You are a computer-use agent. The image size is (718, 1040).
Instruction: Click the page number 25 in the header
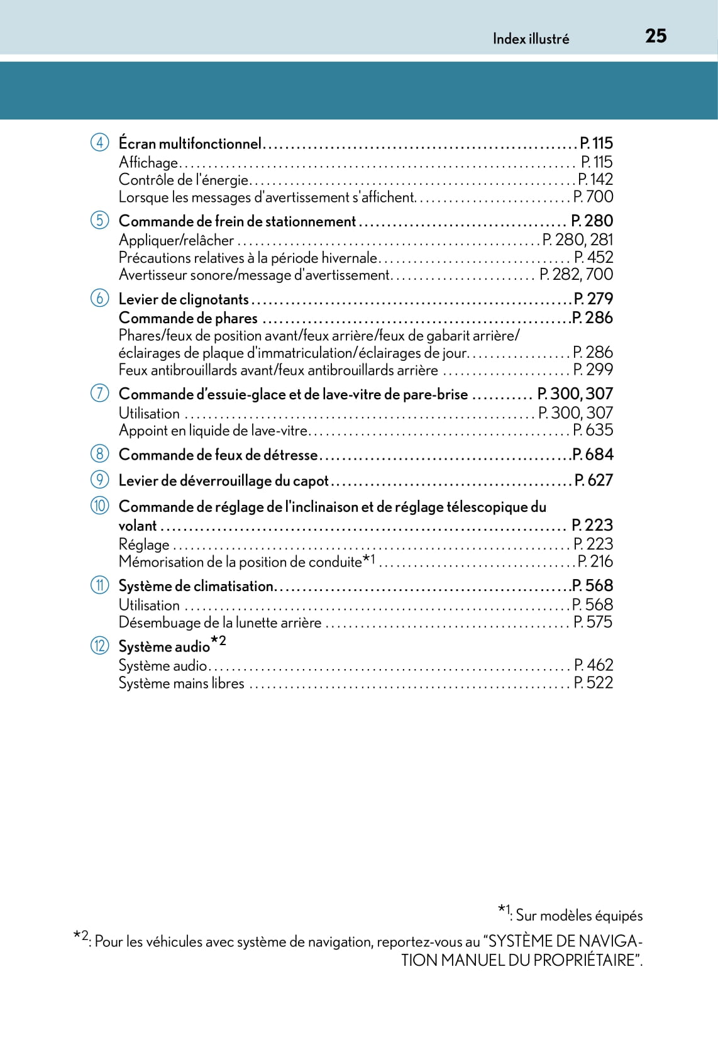(655, 36)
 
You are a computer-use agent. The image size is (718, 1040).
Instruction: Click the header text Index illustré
(531, 39)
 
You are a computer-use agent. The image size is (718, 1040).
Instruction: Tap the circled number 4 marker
(99, 142)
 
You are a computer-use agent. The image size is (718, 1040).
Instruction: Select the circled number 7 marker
(99, 393)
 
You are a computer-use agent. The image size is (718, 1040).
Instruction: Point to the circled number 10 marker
(99, 506)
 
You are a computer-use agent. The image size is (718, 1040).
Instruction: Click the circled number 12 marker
(99, 645)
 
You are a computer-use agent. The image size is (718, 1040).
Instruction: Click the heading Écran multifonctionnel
(190, 143)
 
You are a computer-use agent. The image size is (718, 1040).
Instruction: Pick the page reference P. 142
(595, 180)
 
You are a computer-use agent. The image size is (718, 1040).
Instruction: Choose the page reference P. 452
(593, 257)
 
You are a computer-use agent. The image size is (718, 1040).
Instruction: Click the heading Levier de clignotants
(184, 299)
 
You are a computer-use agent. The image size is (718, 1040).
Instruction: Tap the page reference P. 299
(592, 370)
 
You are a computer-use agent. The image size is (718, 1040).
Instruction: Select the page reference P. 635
(592, 430)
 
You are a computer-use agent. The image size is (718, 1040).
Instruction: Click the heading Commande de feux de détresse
(218, 455)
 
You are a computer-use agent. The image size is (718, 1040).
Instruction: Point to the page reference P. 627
(593, 480)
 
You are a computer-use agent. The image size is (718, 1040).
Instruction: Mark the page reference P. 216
(594, 561)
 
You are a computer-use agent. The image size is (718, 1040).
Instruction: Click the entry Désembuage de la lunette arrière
(220, 622)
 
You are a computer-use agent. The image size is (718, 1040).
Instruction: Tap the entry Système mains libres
(182, 683)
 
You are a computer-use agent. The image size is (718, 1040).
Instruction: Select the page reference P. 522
(593, 683)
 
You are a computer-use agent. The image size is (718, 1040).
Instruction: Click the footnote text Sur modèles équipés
(579, 916)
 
